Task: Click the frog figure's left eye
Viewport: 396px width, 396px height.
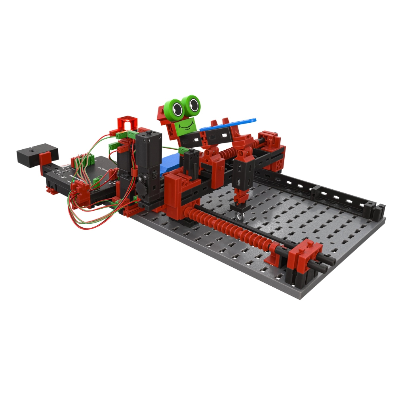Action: (x=177, y=107)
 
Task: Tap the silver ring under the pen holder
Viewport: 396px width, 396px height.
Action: (x=239, y=215)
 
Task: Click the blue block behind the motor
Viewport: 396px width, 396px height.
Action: (x=168, y=162)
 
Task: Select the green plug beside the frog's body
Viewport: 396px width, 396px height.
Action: (x=183, y=150)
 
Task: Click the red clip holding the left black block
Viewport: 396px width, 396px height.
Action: (x=44, y=160)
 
